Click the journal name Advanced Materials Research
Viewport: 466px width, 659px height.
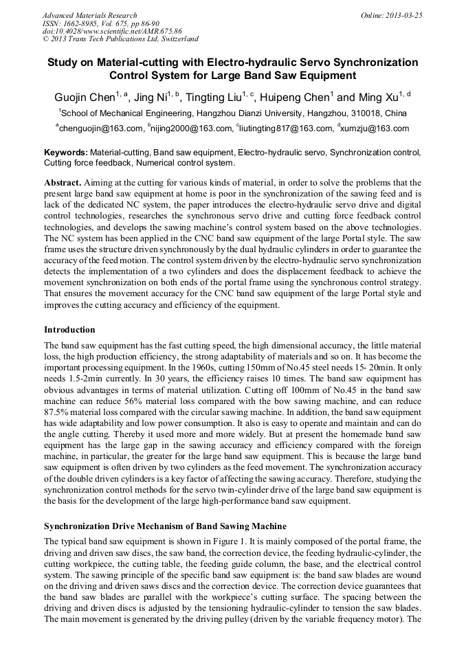pyautogui.click(x=89, y=15)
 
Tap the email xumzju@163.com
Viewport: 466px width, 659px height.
pyautogui.click(x=374, y=129)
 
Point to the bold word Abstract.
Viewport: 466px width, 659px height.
pyautogui.click(x=63, y=183)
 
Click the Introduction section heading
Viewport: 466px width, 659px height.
pyautogui.click(x=69, y=330)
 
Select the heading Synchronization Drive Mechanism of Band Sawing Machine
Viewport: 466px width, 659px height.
pyautogui.click(x=165, y=526)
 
